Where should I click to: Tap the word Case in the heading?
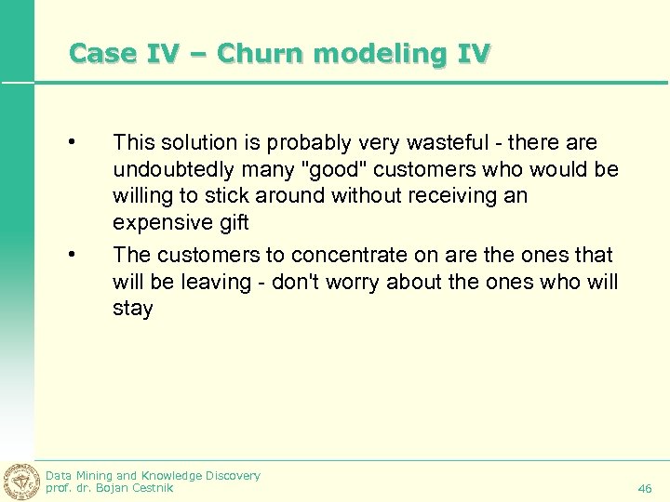pyautogui.click(x=101, y=53)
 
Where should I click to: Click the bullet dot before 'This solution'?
pyautogui.click(x=70, y=142)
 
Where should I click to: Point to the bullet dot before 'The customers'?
pyautogui.click(x=70, y=254)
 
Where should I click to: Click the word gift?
pyautogui.click(x=231, y=224)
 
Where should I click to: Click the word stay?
pyautogui.click(x=133, y=308)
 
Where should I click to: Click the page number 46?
pyautogui.click(x=645, y=487)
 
